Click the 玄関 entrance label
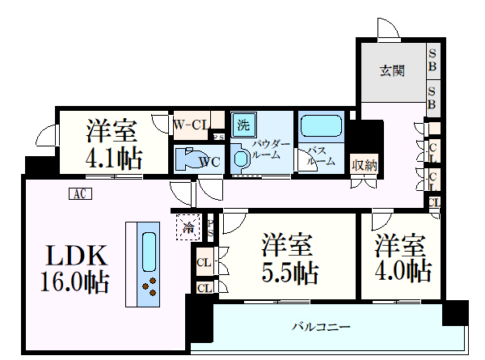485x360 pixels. tap(393, 71)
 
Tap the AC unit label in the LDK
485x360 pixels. tap(78, 193)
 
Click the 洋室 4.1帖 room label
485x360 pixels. tap(113, 143)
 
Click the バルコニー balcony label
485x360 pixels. tap(321, 328)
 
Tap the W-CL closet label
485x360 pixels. tap(192, 124)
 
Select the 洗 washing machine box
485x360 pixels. tap(242, 125)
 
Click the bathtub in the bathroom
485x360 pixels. tap(323, 127)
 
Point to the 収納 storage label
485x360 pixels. tap(365, 165)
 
